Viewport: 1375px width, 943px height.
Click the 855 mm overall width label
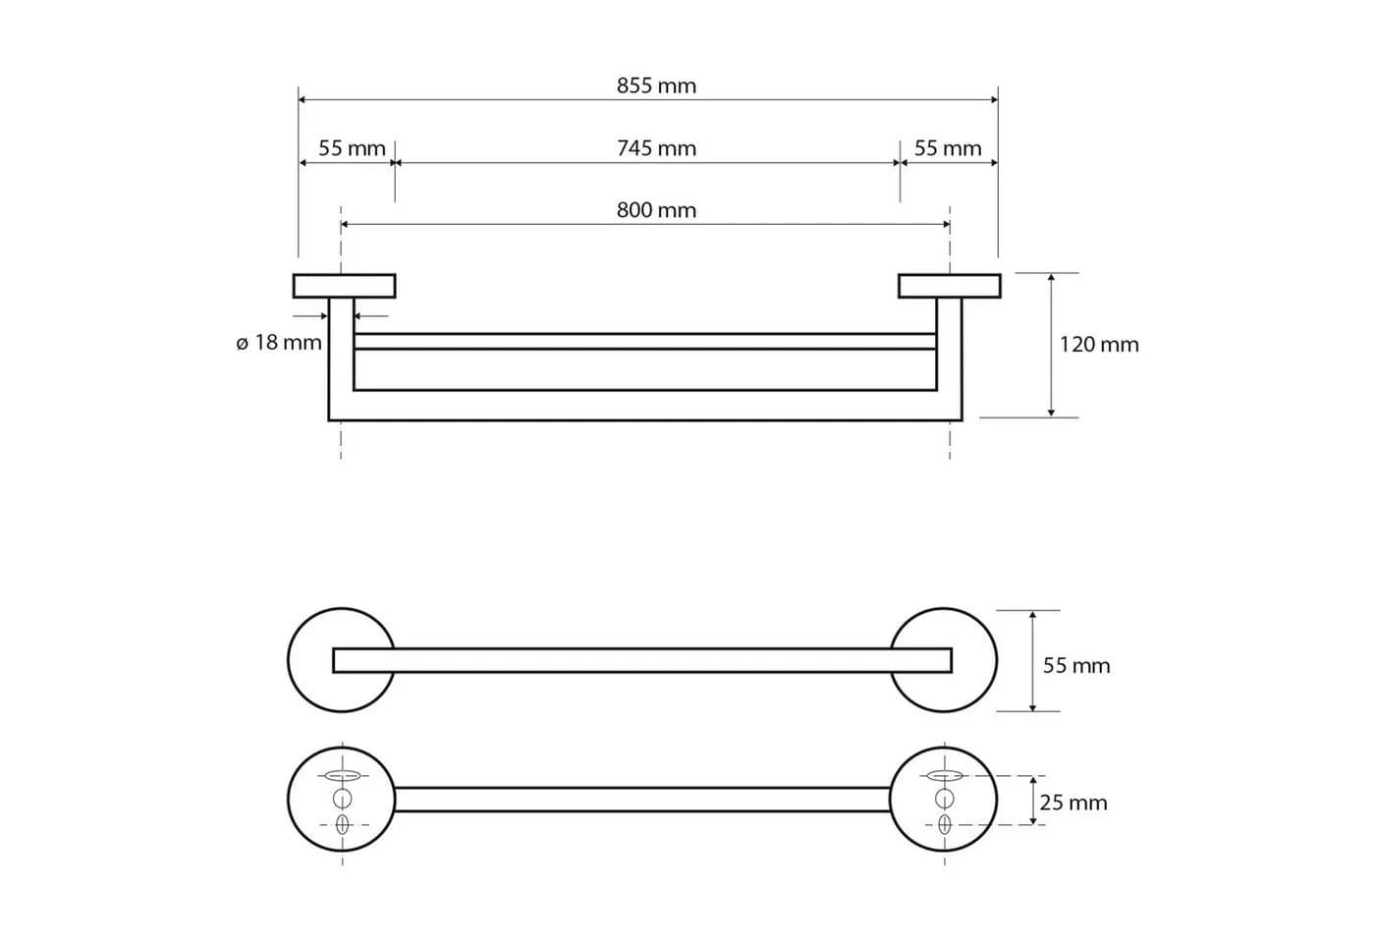[x=656, y=85]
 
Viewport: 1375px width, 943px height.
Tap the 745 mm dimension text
[x=656, y=148]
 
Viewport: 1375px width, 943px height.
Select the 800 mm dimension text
[x=656, y=210]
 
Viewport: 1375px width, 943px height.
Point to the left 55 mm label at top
[x=352, y=148]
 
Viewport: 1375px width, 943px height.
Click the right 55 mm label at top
[x=948, y=148]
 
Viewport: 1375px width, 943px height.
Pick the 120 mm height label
[x=1099, y=345]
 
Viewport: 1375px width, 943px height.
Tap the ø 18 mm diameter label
[x=279, y=343]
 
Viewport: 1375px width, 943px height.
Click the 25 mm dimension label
[x=1072, y=803]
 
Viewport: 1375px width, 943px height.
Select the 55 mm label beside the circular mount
[x=1076, y=666]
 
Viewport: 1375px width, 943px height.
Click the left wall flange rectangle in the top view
[x=345, y=286]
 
